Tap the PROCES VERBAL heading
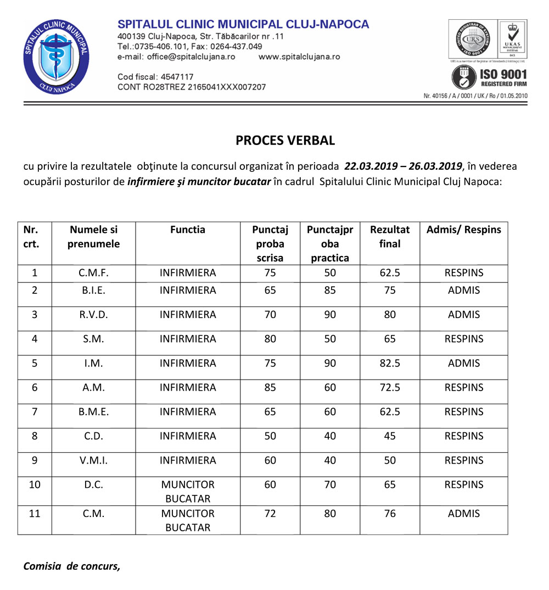click(x=285, y=140)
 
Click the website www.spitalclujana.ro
click(x=299, y=57)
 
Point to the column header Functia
click(x=188, y=230)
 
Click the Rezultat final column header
click(x=390, y=236)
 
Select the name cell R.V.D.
click(x=93, y=315)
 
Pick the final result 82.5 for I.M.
click(x=390, y=363)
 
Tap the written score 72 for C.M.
click(x=270, y=514)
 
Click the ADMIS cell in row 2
click(x=464, y=291)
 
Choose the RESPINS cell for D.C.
click(x=464, y=485)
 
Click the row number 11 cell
click(x=35, y=514)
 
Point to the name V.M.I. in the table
click(x=93, y=460)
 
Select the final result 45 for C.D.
click(x=390, y=436)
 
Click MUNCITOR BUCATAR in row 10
click(x=188, y=492)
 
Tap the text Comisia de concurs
click(x=71, y=566)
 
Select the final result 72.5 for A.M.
click(x=390, y=387)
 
